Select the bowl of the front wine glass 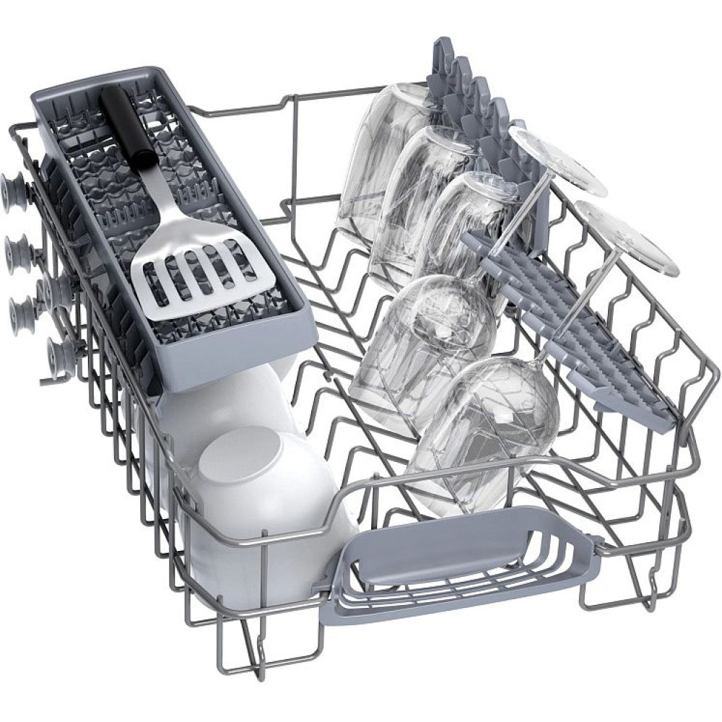point(498,419)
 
